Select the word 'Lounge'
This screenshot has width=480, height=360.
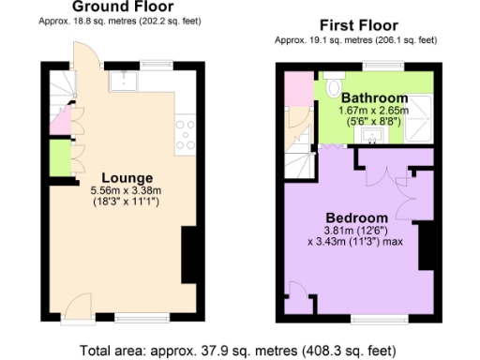click(x=127, y=177)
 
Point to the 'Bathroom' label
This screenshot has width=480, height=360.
click(x=374, y=97)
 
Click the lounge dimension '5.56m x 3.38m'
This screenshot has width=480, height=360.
click(x=127, y=191)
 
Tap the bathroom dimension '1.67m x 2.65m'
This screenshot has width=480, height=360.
click(x=374, y=111)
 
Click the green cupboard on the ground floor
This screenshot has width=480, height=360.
click(x=58, y=157)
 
